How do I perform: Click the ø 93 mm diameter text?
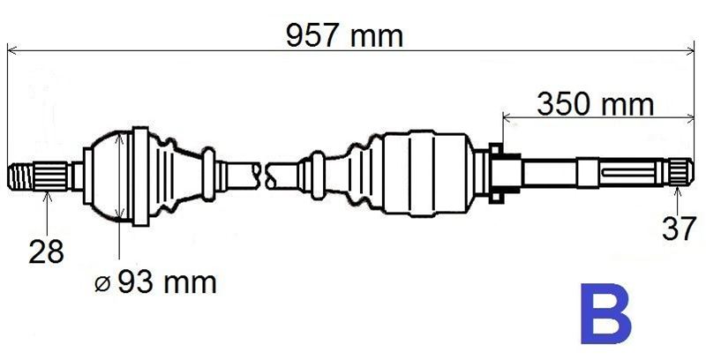click(x=155, y=283)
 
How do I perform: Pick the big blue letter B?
click(x=606, y=314)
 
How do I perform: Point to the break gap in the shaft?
click(x=265, y=171)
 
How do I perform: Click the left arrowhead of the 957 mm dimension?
click(x=12, y=50)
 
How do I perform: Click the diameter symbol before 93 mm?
click(x=102, y=284)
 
